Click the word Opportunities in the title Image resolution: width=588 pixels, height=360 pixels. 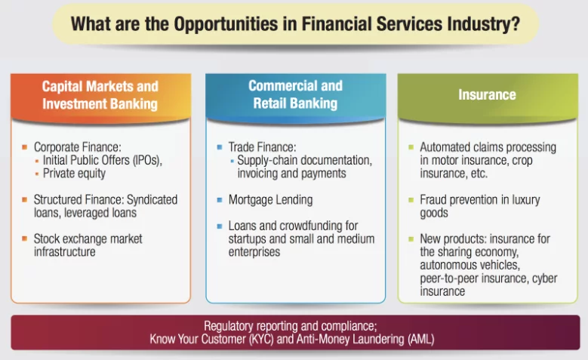pos(226,24)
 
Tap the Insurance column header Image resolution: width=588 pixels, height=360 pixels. pos(487,95)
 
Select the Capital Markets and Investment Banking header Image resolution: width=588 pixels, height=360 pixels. pos(100,95)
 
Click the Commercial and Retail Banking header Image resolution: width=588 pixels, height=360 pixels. pos(295,94)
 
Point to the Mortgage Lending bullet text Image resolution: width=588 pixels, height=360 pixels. pos(270,200)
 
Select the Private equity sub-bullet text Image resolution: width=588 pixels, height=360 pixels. pos(74,174)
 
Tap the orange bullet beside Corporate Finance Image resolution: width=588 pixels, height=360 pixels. pos(24,147)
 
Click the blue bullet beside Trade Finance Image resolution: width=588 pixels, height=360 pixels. pos(220,147)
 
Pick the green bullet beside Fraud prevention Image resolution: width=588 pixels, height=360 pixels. pos(411,200)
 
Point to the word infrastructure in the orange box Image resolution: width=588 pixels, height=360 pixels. pos(64,251)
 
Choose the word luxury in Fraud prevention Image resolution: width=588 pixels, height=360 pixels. pos(526,200)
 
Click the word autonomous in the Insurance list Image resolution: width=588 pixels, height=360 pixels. pos(444,265)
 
